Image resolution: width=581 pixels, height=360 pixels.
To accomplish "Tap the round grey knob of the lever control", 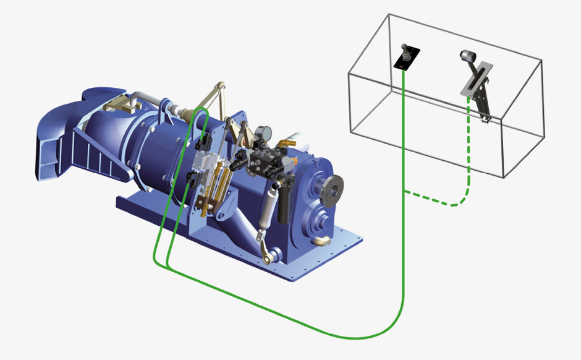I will tap(465, 56).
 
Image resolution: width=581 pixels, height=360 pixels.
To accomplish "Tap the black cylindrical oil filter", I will tap(284, 204).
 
